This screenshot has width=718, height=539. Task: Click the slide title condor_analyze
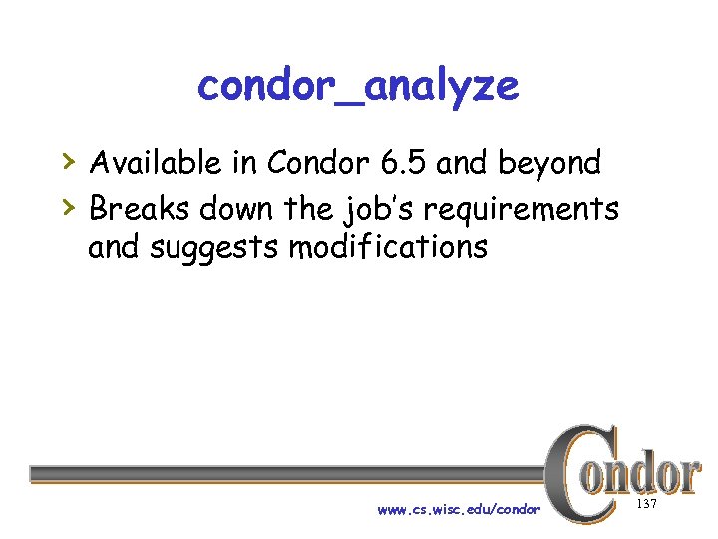(x=358, y=87)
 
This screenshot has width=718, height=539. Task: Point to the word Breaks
(x=140, y=209)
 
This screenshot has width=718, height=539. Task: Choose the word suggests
(x=214, y=247)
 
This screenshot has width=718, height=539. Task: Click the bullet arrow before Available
(x=67, y=160)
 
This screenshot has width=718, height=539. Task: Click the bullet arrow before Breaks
(x=67, y=206)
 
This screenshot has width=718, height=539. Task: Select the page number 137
(x=647, y=506)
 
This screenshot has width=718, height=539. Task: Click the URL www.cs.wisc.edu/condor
(x=459, y=510)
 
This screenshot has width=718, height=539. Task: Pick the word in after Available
(x=242, y=163)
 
